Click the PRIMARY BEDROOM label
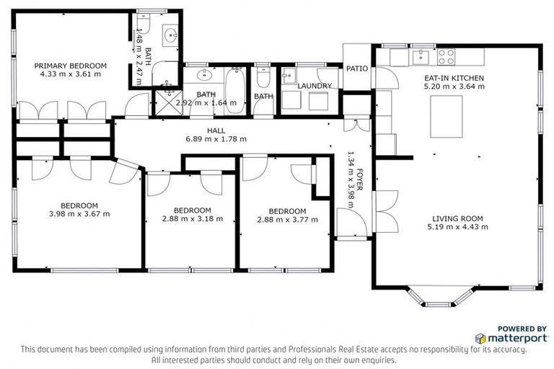[70, 66]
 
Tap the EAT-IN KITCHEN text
[453, 78]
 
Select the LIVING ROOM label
[457, 218]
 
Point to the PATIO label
[357, 69]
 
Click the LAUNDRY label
[315, 86]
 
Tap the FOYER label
[359, 177]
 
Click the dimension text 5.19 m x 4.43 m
[457, 227]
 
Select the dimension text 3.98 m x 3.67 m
[79, 213]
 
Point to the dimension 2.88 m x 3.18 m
[192, 218]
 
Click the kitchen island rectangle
[447, 116]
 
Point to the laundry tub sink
[289, 76]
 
